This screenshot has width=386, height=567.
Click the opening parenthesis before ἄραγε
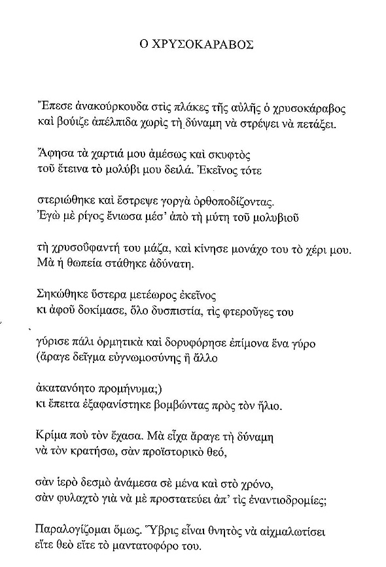(x=34, y=366)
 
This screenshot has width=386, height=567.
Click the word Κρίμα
(x=48, y=434)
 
